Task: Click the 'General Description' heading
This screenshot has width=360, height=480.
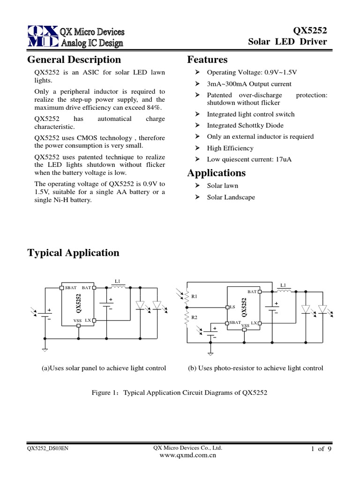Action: coord(74,60)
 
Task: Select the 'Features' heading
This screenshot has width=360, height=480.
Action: coord(207,60)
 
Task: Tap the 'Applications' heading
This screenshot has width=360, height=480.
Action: coord(216,173)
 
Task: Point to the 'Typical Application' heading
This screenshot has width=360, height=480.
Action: coord(74,253)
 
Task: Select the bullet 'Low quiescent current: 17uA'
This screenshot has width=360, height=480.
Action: coord(249,159)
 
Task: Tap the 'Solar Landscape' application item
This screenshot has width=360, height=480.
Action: coord(231,197)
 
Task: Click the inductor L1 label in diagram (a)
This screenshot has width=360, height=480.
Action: coord(117,281)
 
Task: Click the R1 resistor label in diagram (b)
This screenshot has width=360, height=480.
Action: coord(195,297)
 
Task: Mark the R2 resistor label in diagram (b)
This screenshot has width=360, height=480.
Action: coord(195,318)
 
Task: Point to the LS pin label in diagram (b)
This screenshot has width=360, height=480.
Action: coord(232,307)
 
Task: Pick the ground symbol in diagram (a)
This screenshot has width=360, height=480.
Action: coord(45,350)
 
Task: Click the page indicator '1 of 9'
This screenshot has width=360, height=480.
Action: coord(321,449)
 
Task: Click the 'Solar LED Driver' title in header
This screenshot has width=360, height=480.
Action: coord(287,42)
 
